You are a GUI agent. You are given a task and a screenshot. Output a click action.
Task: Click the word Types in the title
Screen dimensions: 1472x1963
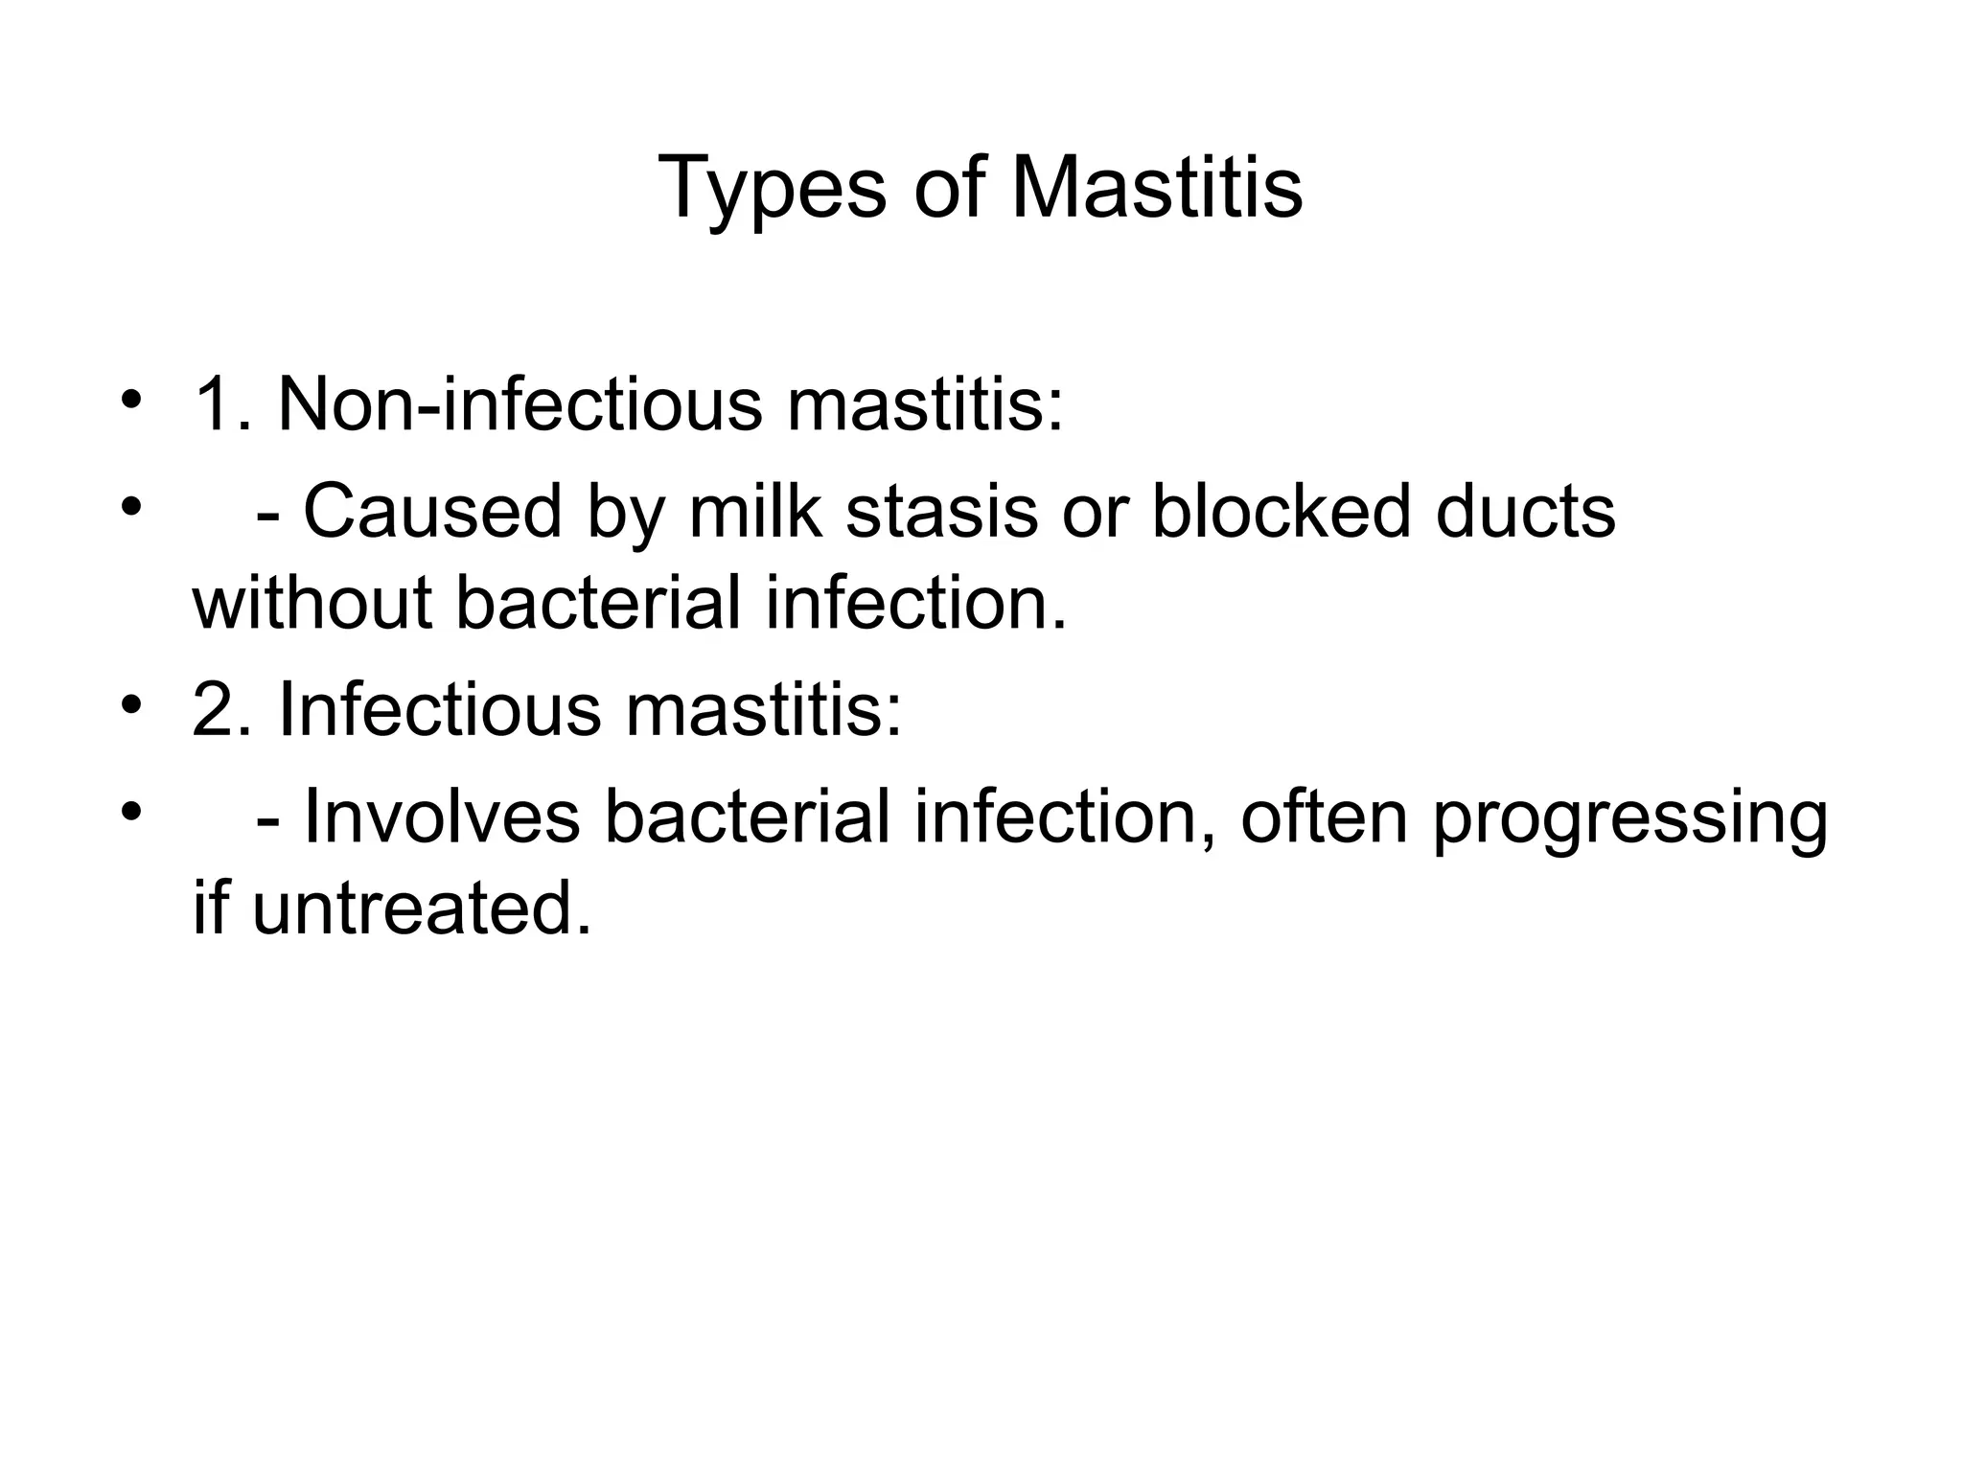[x=773, y=190]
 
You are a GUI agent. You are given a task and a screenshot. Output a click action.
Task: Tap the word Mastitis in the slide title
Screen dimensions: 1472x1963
[x=1157, y=188]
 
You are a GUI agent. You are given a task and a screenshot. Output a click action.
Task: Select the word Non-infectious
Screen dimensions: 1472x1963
[x=520, y=404]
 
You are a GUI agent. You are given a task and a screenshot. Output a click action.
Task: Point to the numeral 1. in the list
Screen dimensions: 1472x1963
[x=221, y=404]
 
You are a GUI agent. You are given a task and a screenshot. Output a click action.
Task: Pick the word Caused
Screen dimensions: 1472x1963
[x=432, y=511]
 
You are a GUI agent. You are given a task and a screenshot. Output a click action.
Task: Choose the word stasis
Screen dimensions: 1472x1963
[x=941, y=511]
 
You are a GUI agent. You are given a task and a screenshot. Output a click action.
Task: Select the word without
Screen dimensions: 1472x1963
[x=312, y=604]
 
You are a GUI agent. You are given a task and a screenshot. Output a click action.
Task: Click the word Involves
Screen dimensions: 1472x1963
[x=442, y=817]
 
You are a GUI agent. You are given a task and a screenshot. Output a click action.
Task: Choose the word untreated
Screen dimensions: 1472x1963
[x=422, y=908]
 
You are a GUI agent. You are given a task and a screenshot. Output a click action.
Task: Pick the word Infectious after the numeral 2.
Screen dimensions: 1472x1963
[x=441, y=710]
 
